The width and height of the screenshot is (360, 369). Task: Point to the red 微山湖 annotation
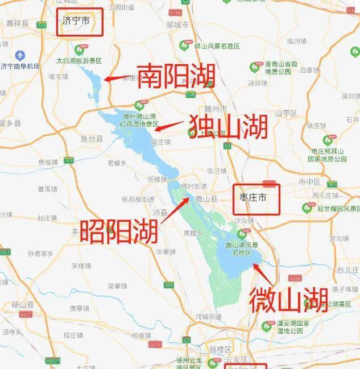point(288,300)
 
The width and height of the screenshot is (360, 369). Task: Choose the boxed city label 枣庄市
point(256,198)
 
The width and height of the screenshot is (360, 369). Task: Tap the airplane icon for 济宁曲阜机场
point(21,56)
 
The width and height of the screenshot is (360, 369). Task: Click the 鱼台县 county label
point(91,138)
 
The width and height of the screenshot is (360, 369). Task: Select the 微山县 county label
point(206,199)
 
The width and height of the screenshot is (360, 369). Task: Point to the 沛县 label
point(160,212)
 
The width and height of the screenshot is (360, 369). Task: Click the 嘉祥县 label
point(18,24)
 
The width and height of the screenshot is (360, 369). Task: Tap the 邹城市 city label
point(177,25)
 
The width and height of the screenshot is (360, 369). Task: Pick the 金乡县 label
point(10,123)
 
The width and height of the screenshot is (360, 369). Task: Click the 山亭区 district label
point(286,113)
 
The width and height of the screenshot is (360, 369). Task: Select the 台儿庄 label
point(346,269)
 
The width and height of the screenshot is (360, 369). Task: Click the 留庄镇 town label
point(161,143)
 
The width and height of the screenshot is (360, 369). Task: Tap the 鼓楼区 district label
point(220,349)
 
